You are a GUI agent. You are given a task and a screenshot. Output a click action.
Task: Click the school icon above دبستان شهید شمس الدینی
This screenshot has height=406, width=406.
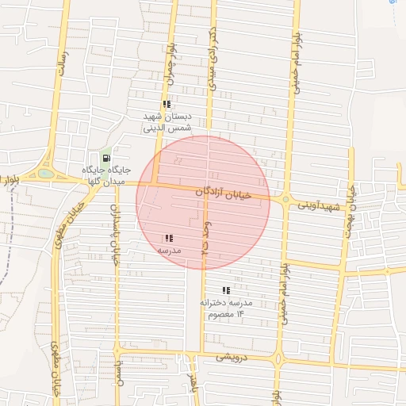(167, 104)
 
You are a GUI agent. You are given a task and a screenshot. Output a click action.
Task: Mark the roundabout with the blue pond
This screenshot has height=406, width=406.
(46, 173)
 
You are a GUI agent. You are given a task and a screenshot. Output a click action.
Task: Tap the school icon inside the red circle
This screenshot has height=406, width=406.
(168, 238)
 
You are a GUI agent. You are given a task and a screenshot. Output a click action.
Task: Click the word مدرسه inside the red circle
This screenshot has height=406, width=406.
(169, 251)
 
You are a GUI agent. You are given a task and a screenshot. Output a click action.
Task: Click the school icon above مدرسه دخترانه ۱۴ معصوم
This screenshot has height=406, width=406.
(226, 290)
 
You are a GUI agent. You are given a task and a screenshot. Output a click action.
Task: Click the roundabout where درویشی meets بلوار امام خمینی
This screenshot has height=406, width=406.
(278, 358)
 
